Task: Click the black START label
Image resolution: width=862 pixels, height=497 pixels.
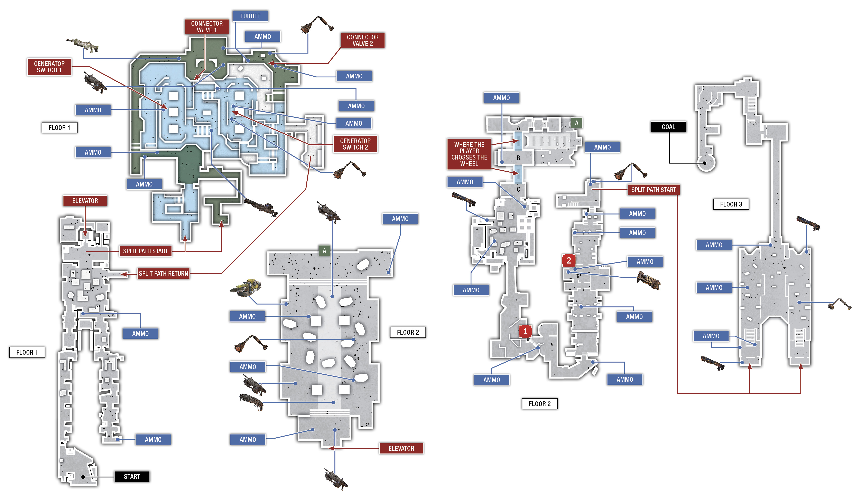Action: click(132, 477)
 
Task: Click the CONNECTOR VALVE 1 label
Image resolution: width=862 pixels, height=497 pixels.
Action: click(207, 27)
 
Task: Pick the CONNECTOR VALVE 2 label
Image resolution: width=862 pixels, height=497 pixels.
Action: click(363, 40)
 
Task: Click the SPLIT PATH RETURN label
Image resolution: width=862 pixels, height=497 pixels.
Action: click(163, 273)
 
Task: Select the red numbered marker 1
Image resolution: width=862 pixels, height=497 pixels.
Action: click(525, 331)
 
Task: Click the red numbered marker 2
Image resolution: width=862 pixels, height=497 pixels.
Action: click(569, 260)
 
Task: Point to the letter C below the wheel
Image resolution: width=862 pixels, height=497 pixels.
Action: click(518, 189)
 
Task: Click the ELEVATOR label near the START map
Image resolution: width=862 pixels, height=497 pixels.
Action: click(85, 201)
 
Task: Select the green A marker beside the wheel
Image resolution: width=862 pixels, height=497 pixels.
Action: click(576, 123)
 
